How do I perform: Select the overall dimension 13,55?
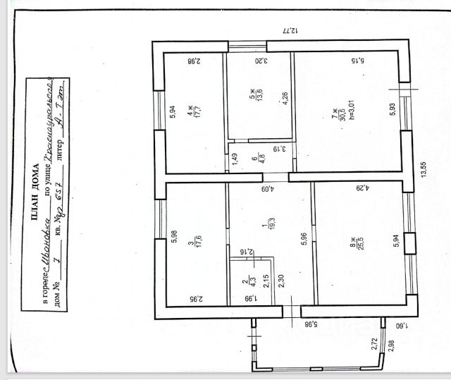click(x=424, y=171)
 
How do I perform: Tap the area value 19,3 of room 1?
click(x=264, y=226)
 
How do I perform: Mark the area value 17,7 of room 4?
click(x=194, y=114)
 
